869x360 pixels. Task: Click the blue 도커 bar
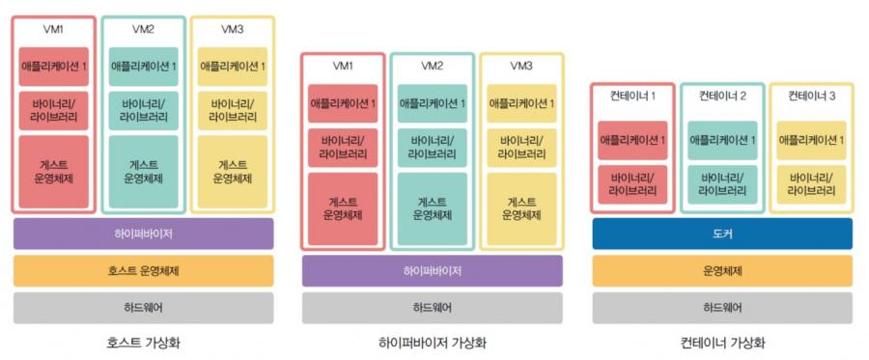(722, 234)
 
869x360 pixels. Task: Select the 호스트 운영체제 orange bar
(143, 271)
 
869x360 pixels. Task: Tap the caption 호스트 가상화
(143, 343)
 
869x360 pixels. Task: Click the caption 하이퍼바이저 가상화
(432, 343)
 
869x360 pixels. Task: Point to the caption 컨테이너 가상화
(722, 343)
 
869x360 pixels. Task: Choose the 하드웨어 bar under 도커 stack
(722, 308)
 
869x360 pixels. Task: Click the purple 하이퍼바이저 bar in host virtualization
(143, 234)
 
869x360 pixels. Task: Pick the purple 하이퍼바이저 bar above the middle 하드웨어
(432, 271)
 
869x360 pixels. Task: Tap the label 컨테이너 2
(722, 96)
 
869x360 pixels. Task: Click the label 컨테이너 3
(811, 96)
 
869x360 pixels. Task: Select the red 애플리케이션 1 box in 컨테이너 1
(632, 140)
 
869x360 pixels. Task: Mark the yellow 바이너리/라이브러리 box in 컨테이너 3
(811, 184)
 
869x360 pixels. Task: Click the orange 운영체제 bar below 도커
(722, 271)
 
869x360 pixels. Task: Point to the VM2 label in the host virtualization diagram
(143, 29)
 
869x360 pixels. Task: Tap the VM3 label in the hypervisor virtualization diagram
(521, 66)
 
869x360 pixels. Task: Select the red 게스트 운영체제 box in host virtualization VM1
(54, 172)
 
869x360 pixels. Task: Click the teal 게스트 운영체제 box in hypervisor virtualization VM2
(432, 208)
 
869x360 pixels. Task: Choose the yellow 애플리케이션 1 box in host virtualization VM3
(232, 67)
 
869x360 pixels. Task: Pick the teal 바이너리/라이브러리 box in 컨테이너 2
(722, 184)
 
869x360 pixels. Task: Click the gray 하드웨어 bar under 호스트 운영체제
(143, 308)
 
